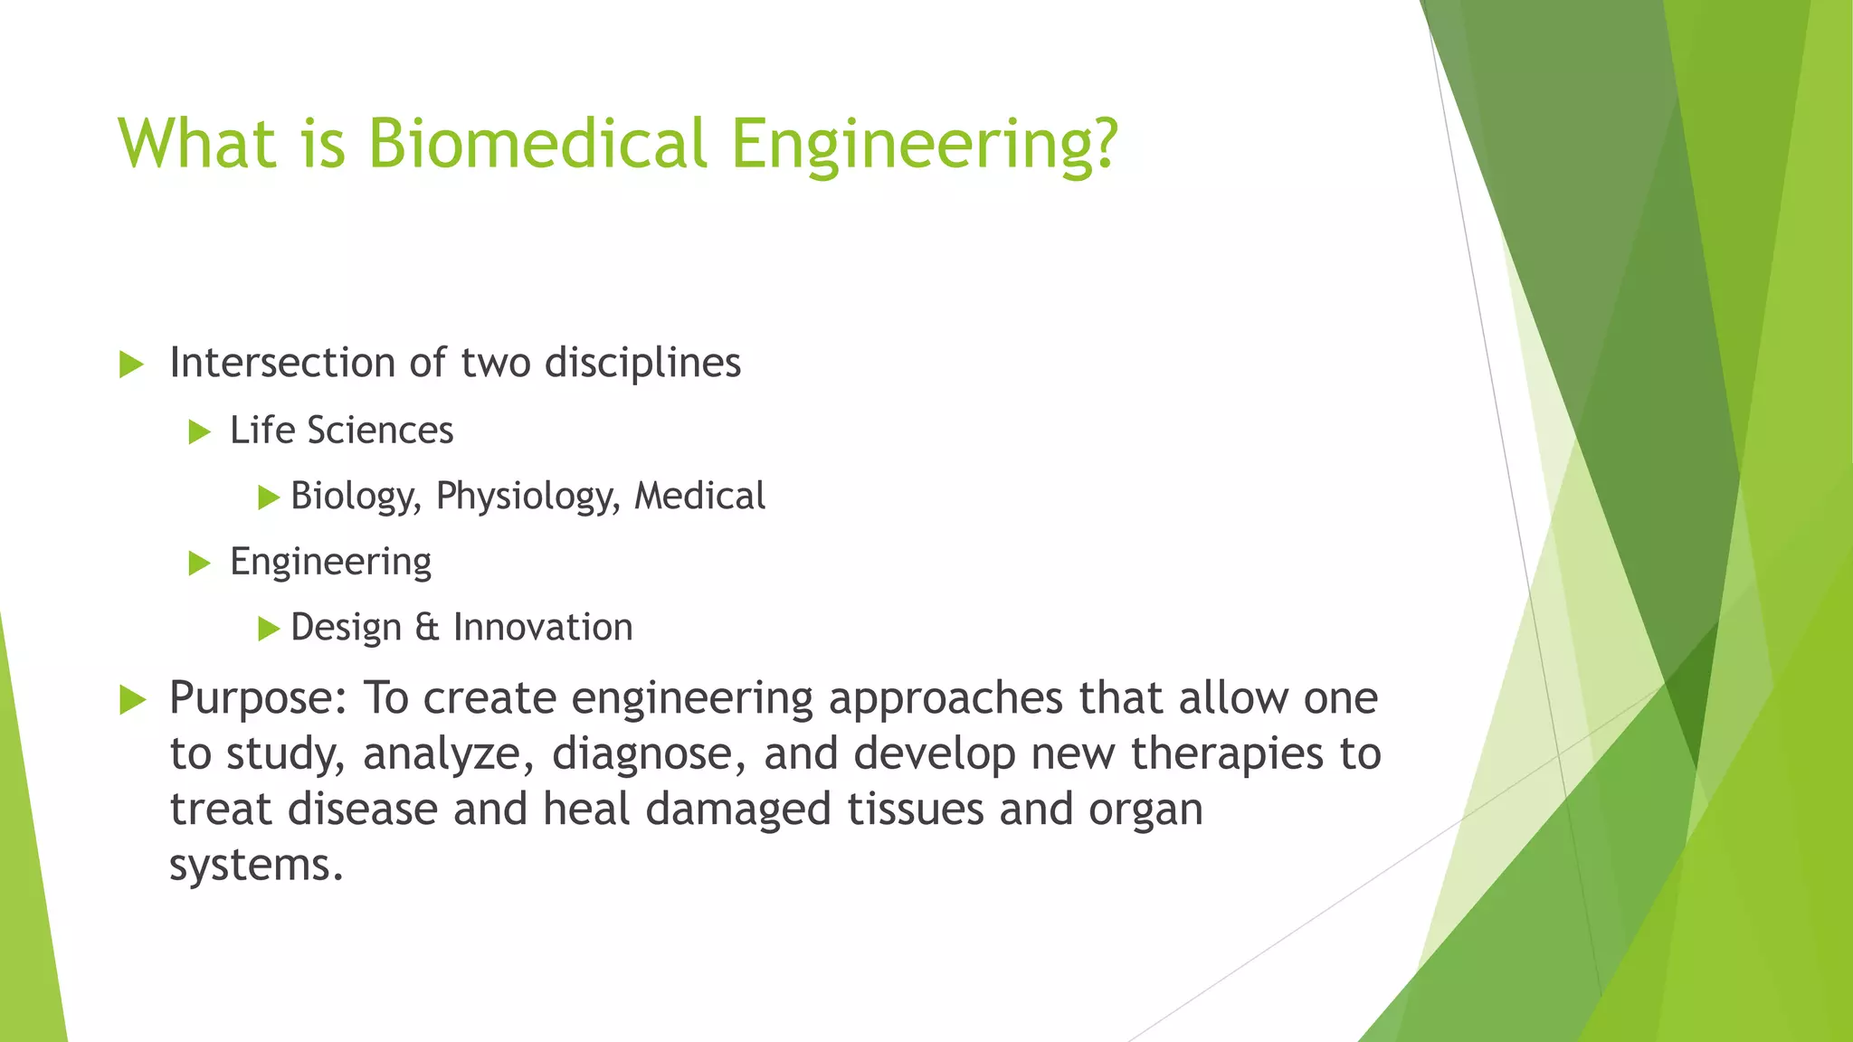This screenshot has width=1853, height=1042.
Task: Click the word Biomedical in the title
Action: point(537,143)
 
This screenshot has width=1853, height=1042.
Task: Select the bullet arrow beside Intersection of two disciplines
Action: point(131,365)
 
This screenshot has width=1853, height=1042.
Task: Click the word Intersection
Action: point(282,363)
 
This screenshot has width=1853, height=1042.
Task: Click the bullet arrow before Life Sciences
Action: point(198,432)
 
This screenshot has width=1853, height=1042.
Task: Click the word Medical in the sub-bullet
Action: point(699,496)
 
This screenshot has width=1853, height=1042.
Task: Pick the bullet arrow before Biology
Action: point(268,497)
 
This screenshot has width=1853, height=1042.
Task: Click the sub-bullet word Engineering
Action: point(330,563)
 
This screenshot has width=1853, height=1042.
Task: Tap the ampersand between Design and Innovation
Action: point(426,627)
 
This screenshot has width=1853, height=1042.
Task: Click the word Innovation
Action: point(542,627)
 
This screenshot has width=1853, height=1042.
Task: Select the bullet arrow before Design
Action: point(268,629)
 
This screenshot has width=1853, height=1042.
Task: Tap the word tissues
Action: point(915,809)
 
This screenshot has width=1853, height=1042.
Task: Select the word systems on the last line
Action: point(256,866)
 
